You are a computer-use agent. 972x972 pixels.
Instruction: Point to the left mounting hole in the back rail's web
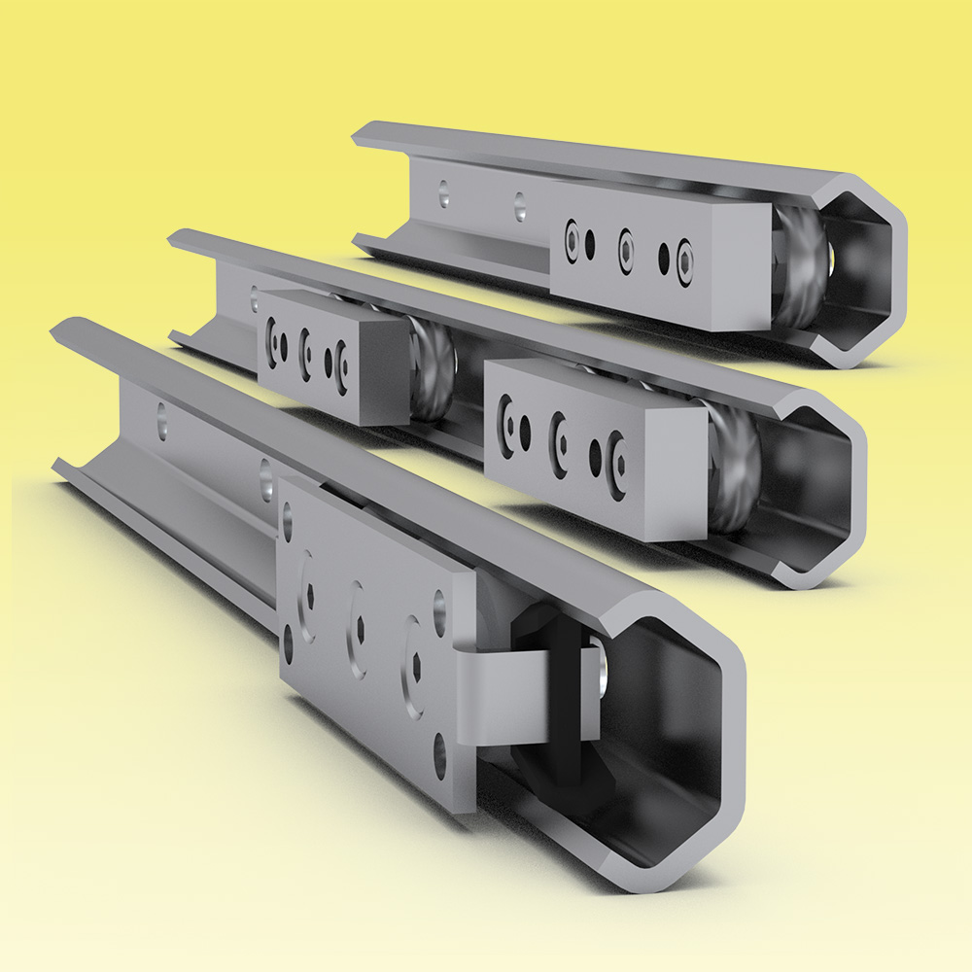(x=444, y=193)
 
